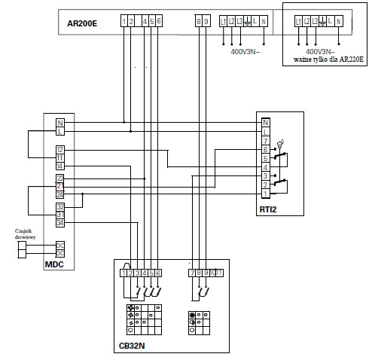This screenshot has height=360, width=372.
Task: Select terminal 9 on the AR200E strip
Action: click(x=206, y=22)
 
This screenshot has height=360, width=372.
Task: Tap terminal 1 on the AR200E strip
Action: click(x=123, y=22)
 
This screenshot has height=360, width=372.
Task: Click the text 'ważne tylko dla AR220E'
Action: click(x=322, y=58)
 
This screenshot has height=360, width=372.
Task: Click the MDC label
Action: click(x=55, y=264)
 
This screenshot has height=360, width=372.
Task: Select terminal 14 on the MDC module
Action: click(x=59, y=165)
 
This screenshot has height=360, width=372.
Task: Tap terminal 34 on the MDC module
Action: click(x=59, y=222)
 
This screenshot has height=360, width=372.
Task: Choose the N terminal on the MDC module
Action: click(x=59, y=123)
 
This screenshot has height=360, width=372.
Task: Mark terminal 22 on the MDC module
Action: click(x=59, y=178)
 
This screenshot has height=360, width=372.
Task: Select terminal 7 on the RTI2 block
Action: click(x=265, y=141)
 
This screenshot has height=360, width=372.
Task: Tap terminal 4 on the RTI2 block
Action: click(x=265, y=166)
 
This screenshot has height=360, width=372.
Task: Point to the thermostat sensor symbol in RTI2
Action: click(x=281, y=142)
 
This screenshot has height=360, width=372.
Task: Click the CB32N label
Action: click(x=132, y=346)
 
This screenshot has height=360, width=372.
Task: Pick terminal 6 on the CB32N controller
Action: click(x=159, y=272)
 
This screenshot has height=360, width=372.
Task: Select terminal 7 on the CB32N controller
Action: click(x=192, y=272)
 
